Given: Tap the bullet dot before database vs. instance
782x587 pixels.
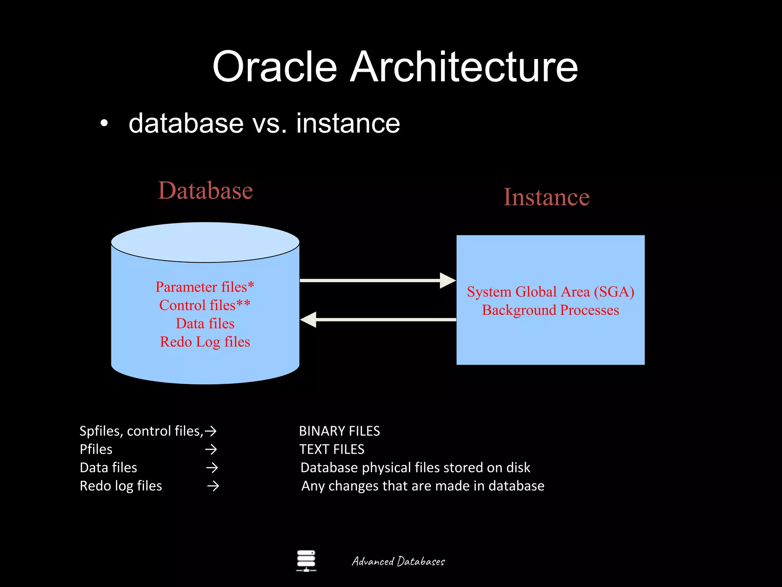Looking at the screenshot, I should pos(104,124).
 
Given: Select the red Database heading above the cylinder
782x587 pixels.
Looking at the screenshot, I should pos(205,190).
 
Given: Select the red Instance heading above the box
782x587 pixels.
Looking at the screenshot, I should pos(546,197).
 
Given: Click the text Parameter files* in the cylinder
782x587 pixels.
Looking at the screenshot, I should pos(205,287).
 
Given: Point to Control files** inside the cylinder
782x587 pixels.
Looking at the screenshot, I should pos(205,305).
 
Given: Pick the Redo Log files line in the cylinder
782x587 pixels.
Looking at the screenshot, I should pos(205,342).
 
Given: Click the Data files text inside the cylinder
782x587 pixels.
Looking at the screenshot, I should pos(205,324).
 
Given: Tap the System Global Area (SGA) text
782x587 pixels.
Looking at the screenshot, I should pos(550,292).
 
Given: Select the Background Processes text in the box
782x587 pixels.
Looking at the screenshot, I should pos(550,310).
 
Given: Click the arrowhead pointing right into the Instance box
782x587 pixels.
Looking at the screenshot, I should pos(448,281).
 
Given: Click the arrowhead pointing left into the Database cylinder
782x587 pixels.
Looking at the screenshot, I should pos(309,319).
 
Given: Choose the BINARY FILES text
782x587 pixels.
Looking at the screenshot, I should pos(339,431).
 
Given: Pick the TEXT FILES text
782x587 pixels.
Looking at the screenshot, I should pos(331,449).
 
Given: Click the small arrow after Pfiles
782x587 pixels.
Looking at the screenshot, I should pos(211,449).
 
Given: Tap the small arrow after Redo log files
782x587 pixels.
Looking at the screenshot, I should pos(213,486).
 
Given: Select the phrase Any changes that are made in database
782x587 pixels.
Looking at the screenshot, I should pos(423,486).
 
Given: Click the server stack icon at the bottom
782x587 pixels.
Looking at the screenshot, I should pos(306,561).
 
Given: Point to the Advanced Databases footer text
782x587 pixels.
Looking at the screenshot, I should pos(398,561).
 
